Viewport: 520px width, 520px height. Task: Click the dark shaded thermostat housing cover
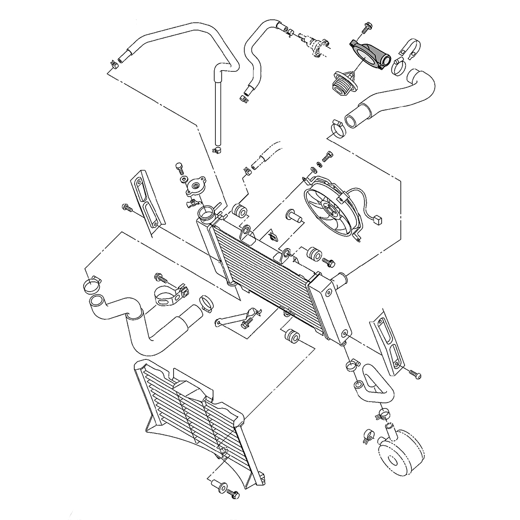click(x=370, y=54)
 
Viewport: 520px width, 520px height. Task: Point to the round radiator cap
click(x=197, y=186)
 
